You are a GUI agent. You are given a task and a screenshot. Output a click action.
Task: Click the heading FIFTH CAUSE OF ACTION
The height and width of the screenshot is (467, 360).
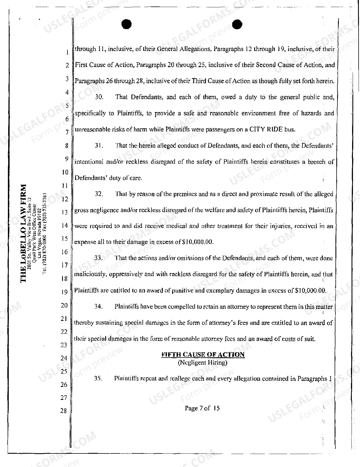[x=203, y=355]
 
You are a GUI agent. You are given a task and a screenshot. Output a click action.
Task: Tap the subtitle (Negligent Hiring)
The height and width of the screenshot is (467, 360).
[x=203, y=362]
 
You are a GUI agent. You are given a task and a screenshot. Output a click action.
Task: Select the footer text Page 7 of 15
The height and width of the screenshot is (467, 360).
[x=202, y=408]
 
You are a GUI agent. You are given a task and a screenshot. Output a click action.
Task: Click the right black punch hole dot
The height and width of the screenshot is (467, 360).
[x=237, y=25]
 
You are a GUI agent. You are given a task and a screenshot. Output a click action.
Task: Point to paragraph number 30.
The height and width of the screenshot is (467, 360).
[x=99, y=97]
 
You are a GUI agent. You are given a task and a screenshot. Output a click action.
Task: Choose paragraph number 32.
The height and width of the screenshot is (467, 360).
[x=99, y=194]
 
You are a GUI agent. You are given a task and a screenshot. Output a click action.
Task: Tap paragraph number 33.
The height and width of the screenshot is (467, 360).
[x=98, y=258]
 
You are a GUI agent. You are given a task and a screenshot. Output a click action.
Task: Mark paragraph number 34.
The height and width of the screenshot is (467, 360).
[x=98, y=307]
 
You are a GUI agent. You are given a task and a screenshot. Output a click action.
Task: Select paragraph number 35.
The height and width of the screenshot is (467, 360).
[x=98, y=378]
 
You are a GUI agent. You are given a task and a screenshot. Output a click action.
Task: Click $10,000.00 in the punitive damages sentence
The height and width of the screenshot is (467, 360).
[x=310, y=290]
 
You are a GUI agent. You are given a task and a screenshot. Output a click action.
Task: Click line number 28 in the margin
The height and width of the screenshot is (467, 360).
[x=63, y=411]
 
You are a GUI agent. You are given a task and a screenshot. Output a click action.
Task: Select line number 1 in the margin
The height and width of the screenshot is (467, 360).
[x=67, y=52]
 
